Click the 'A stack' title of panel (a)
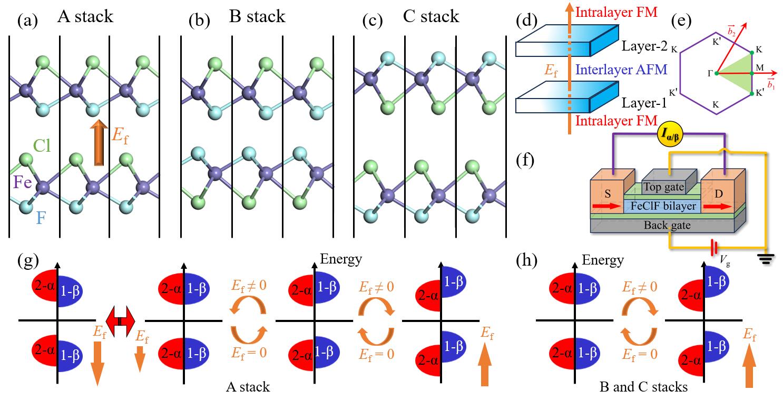coord(85,16)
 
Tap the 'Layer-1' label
coord(638,102)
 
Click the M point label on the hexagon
coord(760,67)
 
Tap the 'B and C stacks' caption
coord(643,387)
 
